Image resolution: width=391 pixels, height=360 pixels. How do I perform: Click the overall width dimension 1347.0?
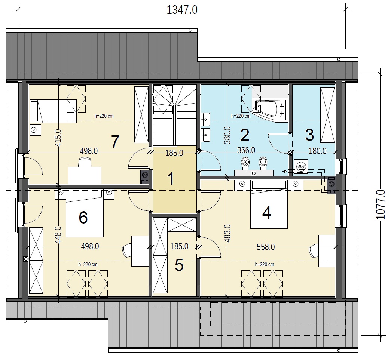182,10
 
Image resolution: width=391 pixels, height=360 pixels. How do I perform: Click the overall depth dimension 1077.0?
380,204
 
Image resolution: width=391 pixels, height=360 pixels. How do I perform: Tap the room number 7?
115,142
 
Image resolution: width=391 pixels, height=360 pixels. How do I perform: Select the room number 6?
83,217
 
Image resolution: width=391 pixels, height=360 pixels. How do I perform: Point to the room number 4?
266,213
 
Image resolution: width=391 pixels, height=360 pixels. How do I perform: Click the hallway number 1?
171,179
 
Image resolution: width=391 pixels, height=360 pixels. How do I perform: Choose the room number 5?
179,265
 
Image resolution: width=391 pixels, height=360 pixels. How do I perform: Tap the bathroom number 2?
245,135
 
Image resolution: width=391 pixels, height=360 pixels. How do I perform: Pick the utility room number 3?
309,135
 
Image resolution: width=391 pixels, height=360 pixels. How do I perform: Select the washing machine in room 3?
301,167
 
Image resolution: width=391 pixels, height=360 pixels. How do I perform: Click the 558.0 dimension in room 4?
266,247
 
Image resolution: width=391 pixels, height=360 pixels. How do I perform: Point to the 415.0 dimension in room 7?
58,138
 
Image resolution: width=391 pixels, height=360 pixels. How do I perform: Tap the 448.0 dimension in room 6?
58,235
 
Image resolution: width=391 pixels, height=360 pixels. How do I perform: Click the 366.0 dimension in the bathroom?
246,151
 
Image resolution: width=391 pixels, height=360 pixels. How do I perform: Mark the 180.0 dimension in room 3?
317,151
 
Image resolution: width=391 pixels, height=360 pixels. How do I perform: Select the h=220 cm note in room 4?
264,264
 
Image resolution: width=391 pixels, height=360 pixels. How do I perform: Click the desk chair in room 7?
85,162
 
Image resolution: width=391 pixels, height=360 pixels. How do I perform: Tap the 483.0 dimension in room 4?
227,233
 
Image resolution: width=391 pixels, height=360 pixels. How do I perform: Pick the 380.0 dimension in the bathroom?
227,135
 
